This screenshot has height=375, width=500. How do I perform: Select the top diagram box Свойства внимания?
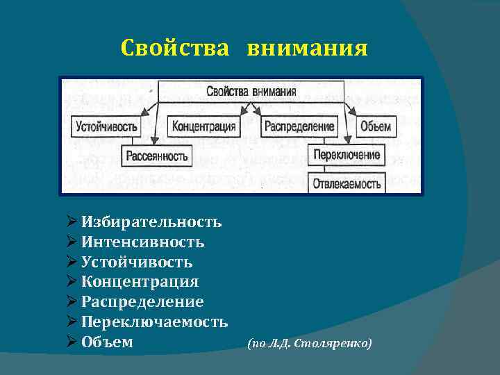pos(251,91)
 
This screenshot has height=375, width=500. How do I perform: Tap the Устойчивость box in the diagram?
pos(106,127)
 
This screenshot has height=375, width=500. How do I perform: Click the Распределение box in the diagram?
pos(299,127)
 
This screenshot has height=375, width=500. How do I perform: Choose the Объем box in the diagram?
pos(376,127)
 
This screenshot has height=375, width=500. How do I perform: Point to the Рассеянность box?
pos(156,156)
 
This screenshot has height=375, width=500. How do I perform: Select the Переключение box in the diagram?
pos(347,154)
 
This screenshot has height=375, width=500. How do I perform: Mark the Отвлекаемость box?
pos(347,183)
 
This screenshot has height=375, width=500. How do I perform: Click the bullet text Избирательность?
pos(151,222)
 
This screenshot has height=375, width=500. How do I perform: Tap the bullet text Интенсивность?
pos(142,242)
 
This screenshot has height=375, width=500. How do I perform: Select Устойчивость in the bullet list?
pos(137,262)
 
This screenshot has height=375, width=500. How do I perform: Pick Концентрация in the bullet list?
pos(140,282)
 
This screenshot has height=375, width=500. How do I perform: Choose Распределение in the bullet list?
pos(142,302)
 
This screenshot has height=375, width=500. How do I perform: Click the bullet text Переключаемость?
pos(154,322)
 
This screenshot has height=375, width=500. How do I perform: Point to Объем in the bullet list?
pos(107,342)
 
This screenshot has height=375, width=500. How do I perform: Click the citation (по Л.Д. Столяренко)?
pos(310,343)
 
